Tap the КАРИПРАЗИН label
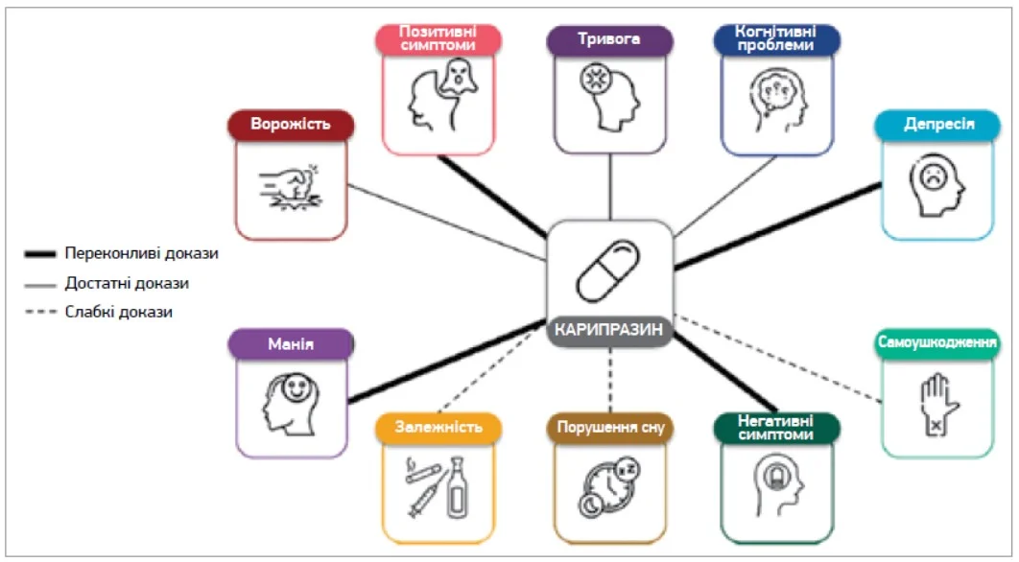pos(609,329)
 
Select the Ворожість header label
pos(291,125)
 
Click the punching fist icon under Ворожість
pos(291,187)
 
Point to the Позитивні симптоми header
pos(438,39)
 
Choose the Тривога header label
pos(609,40)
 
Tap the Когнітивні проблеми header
pos(777,39)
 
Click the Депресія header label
pos(939,126)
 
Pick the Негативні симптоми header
pos(777,428)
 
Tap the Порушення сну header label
pos(609,428)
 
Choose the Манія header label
pos(291,343)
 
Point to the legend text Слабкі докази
pos(119,312)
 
